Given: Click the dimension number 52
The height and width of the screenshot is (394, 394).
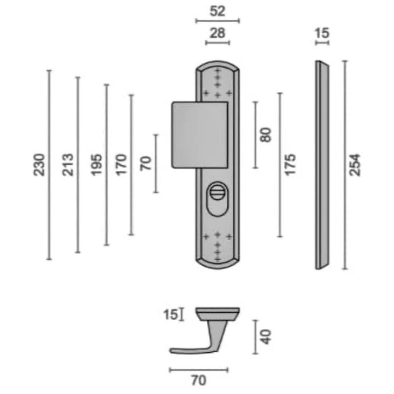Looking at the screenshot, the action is coord(217,11).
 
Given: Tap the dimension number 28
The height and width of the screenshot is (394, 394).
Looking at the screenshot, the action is coord(217,33).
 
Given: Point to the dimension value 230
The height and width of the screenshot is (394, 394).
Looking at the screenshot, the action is coord(39,165).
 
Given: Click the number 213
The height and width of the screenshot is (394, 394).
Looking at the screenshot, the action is coord(68,165).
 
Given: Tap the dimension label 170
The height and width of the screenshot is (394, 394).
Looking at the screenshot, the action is coord(121,165).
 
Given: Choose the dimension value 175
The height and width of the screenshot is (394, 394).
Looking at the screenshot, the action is coord(290,165).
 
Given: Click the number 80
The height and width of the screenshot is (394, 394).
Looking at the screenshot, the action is coord(265,135).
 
